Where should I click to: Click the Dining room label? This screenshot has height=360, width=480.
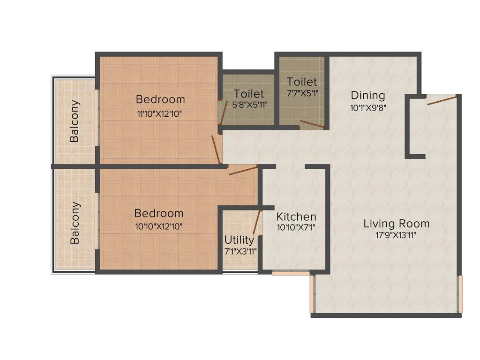(x=368, y=96)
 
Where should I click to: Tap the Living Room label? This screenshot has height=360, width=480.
(x=396, y=224)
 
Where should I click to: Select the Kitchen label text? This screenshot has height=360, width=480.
(x=296, y=217)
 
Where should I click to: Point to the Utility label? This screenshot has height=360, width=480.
(x=239, y=240)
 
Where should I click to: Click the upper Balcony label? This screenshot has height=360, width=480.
(x=75, y=121)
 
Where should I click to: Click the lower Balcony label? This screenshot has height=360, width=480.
(x=75, y=223)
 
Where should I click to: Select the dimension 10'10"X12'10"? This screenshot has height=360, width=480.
(x=158, y=226)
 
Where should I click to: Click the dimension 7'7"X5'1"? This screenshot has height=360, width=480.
(x=302, y=93)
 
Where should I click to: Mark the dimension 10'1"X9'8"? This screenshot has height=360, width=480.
(x=368, y=107)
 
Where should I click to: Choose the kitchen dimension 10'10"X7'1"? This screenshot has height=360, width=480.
(x=296, y=228)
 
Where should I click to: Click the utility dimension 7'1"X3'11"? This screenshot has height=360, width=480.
(x=240, y=251)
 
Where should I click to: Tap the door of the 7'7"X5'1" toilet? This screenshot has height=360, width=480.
(x=312, y=125)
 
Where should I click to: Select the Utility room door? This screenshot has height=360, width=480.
(x=257, y=223)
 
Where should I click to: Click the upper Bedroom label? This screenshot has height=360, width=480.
(x=160, y=99)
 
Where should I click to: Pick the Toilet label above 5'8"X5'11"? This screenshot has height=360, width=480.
(x=249, y=94)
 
